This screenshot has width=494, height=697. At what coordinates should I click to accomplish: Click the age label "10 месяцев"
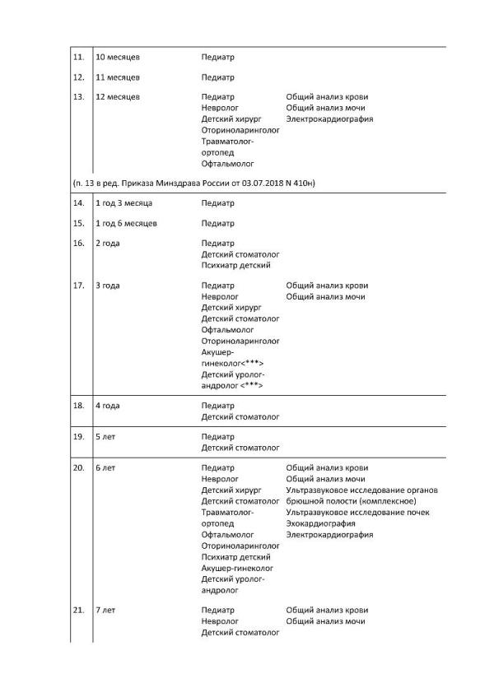[x=118, y=58]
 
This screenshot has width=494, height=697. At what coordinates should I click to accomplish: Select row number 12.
[x=79, y=77]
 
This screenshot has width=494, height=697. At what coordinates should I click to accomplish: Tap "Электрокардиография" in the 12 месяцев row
[x=329, y=118]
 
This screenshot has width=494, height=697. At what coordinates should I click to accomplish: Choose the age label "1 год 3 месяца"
[x=124, y=202]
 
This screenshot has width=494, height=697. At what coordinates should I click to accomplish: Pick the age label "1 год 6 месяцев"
[x=127, y=223]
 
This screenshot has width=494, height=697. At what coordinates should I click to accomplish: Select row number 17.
[x=79, y=286]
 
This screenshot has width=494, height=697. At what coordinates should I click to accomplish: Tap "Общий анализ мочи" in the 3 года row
[x=325, y=297]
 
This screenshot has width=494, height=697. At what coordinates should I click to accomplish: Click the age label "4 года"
[x=108, y=406]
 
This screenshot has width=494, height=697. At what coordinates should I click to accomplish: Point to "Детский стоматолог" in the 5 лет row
[x=240, y=448]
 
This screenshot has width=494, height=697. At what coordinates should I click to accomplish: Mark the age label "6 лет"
[x=105, y=468]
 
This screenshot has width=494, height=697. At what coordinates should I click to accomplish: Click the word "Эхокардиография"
[x=320, y=523]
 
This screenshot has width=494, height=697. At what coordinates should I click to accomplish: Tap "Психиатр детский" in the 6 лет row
[x=235, y=557]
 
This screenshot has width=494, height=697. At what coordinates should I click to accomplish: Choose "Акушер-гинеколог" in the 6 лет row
[x=237, y=568]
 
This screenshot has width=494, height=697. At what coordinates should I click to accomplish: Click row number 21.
[x=79, y=610]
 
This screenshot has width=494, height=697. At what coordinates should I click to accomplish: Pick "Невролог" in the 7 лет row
[x=220, y=621]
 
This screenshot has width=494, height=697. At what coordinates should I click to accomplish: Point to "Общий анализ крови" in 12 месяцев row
[x=327, y=97]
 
